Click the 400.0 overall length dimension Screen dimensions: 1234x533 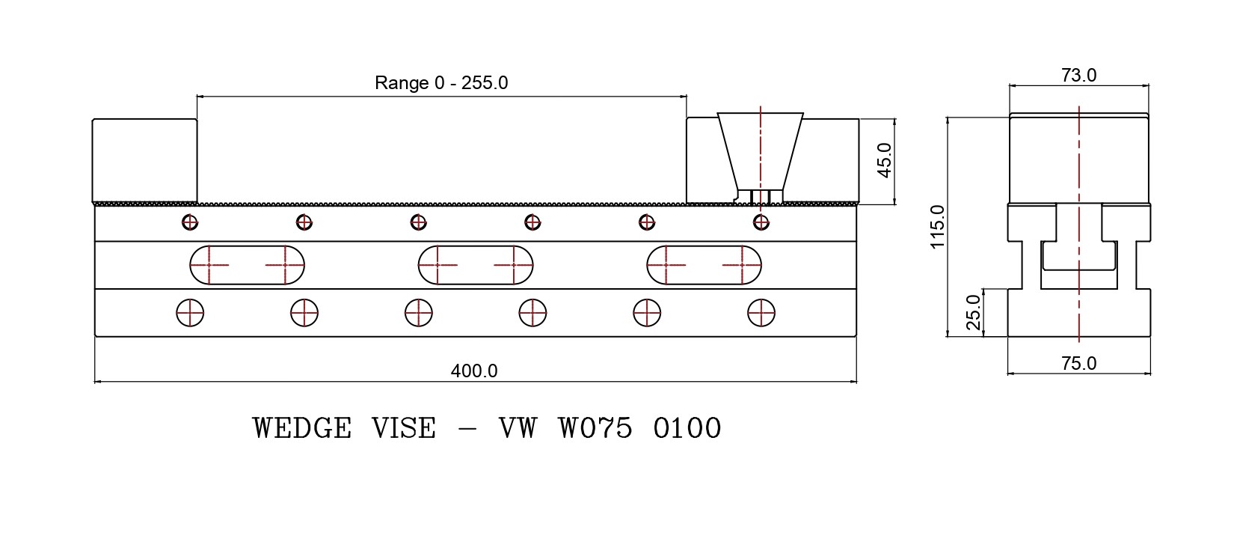473,371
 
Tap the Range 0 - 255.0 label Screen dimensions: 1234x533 441,82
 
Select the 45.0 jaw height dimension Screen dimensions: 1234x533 884,160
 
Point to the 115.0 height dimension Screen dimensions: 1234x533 937,227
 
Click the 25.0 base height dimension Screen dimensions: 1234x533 974,312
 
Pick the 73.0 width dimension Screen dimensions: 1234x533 1078,75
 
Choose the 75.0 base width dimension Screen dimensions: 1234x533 1078,363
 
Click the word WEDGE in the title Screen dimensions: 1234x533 302,428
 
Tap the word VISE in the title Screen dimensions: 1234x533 404,428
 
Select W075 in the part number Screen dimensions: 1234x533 595,428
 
